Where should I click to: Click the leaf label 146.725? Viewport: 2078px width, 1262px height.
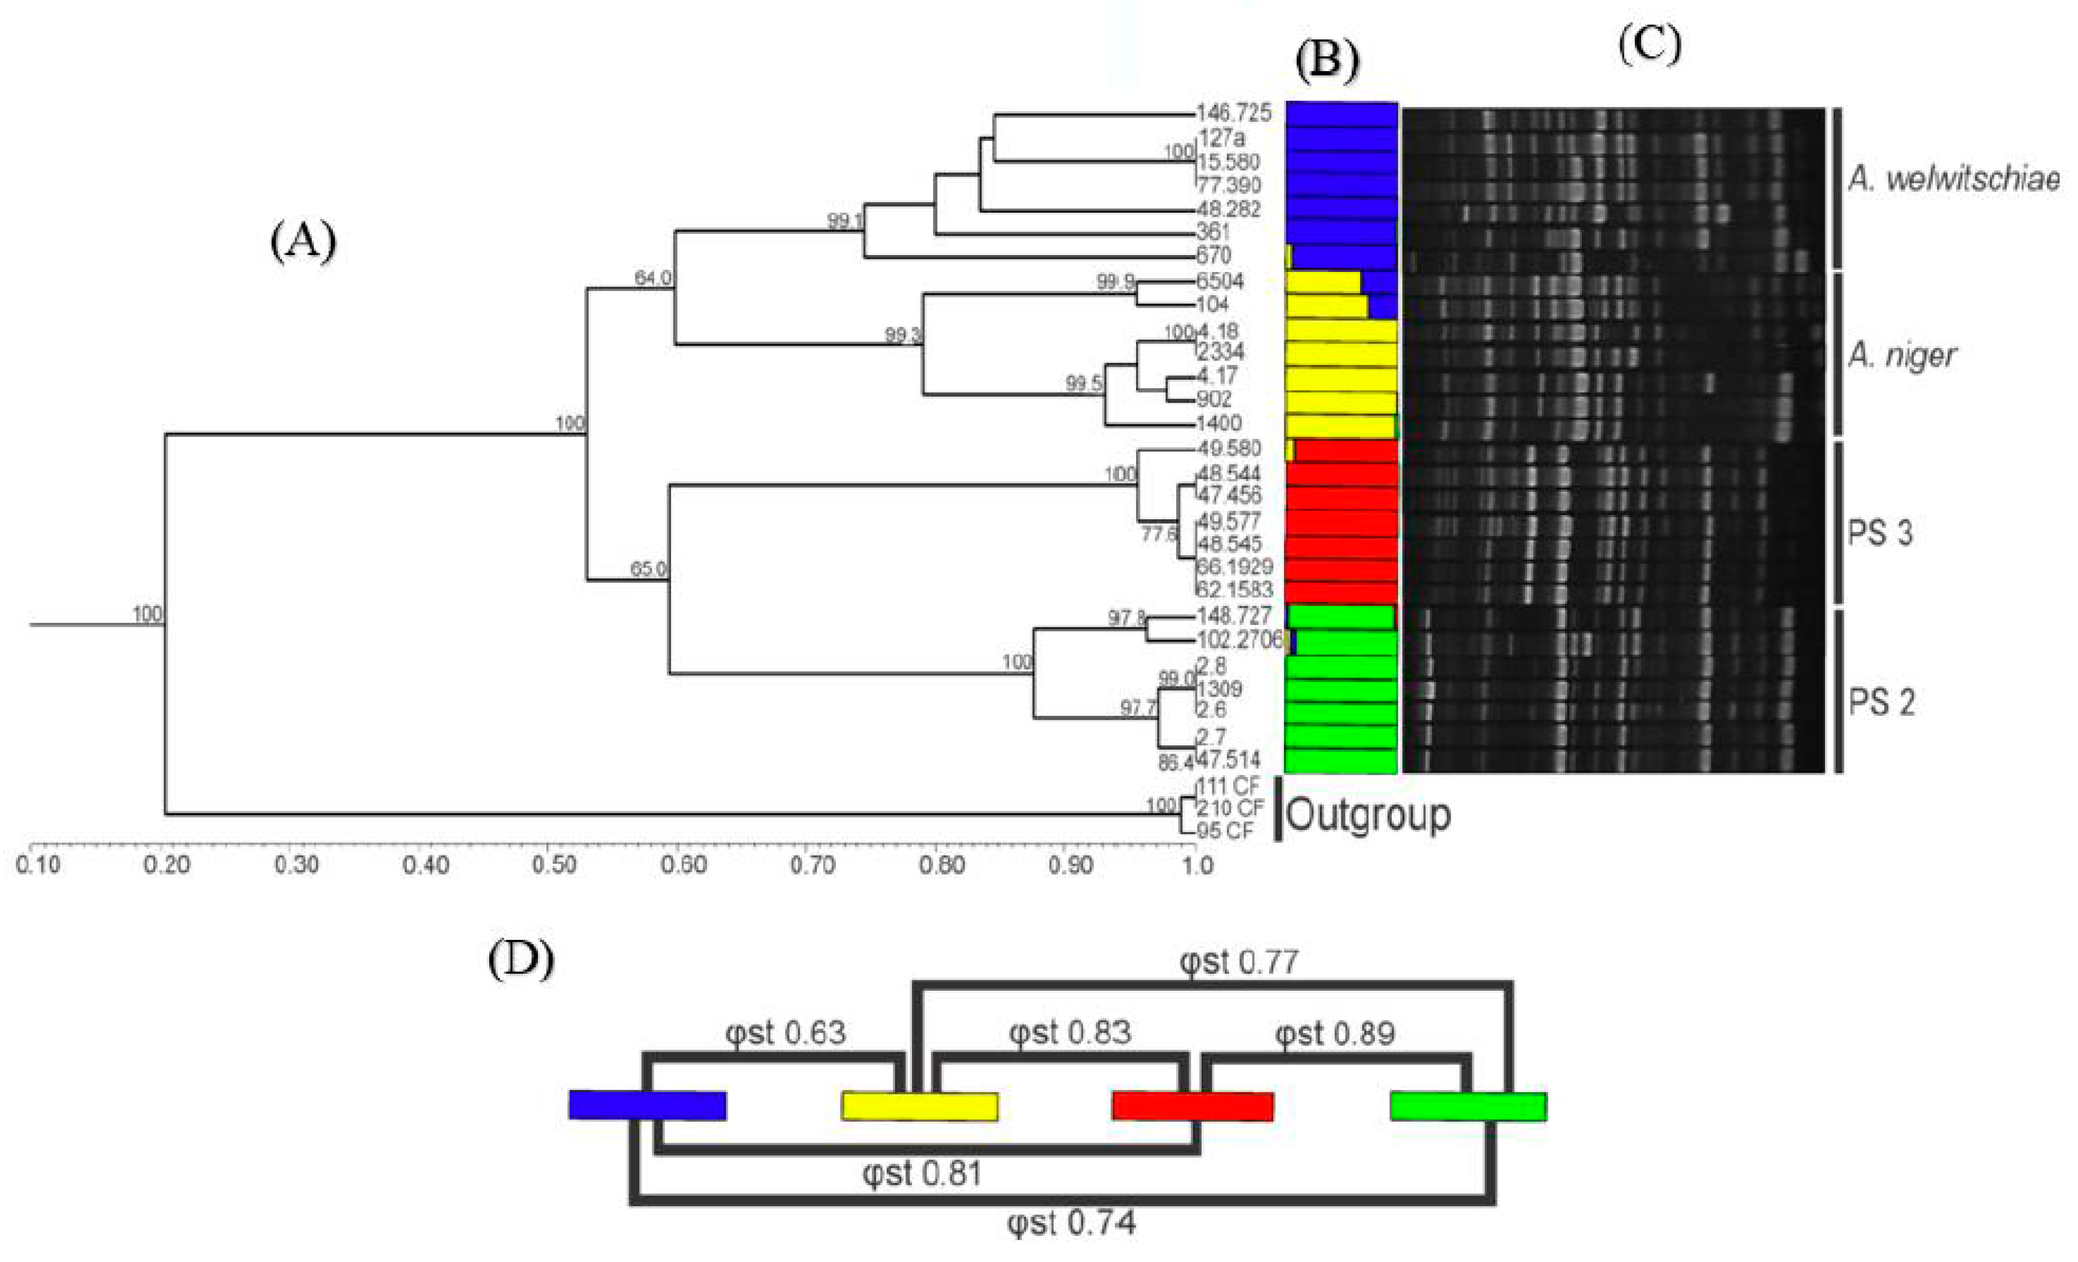1234,113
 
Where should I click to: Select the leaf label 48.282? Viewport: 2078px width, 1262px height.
1228,209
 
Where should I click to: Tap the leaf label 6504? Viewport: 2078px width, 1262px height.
1220,281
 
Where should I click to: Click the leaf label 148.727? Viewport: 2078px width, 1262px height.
1234,616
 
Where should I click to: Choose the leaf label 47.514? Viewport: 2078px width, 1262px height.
1228,759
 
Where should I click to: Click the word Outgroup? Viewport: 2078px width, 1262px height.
1368,815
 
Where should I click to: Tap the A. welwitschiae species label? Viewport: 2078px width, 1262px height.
1954,179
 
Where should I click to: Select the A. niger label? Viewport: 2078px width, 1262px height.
1902,356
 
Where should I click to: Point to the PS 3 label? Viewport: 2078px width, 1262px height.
1880,533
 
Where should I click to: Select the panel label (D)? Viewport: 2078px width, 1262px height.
520,960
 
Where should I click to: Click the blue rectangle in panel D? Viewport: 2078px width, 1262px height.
647,1105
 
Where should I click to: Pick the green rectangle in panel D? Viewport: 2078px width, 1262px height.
1468,1106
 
